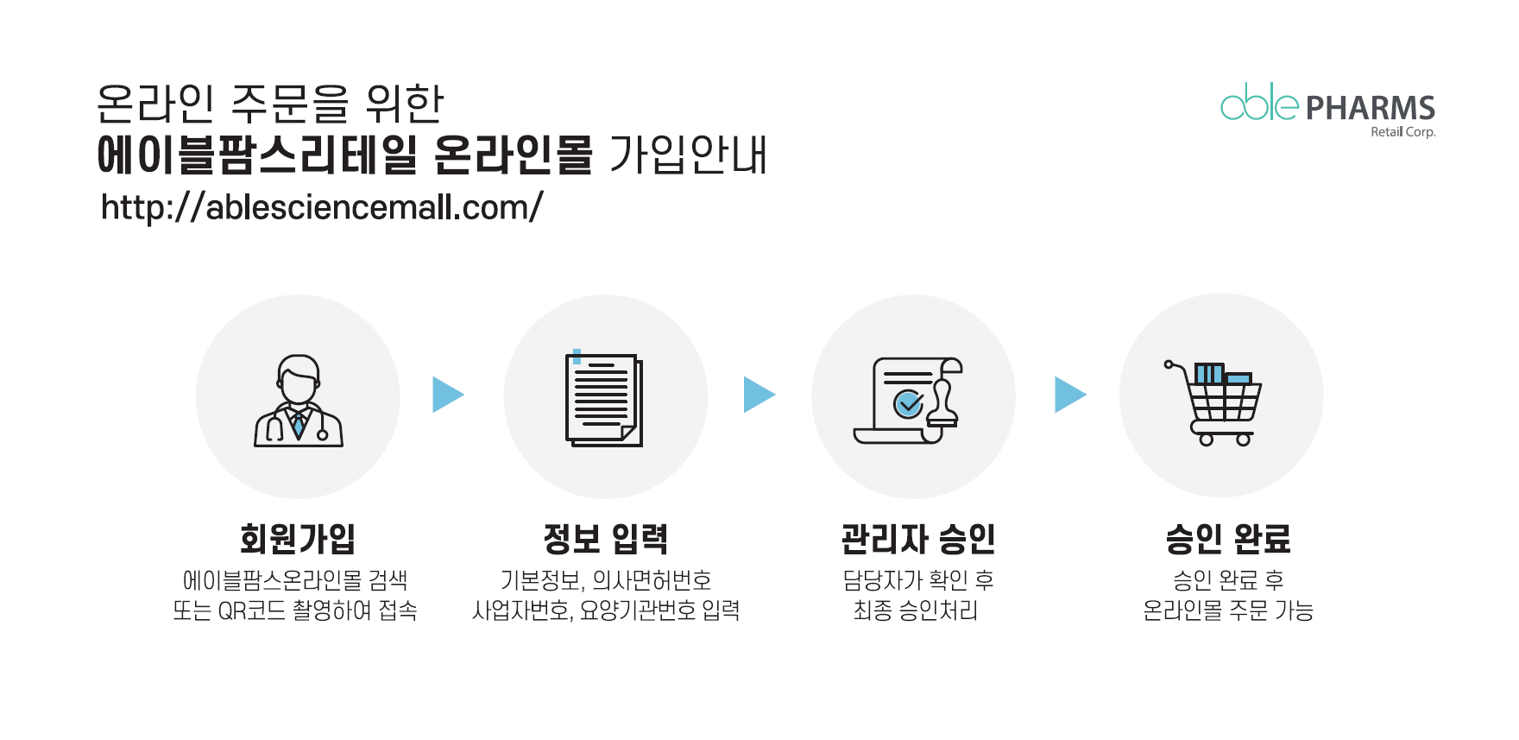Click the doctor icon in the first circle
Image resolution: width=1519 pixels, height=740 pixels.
[299, 401]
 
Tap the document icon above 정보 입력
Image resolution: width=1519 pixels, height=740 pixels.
[604, 398]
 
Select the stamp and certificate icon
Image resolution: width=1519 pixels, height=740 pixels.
[908, 401]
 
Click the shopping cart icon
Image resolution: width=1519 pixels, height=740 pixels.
[1213, 402]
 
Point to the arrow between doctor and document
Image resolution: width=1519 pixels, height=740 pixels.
[448, 395]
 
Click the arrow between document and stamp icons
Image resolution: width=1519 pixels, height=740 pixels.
[759, 395]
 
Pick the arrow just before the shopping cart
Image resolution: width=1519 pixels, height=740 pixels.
[1070, 395]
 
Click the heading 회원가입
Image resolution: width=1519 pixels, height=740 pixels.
[298, 539]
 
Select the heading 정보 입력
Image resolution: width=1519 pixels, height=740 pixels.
[606, 539]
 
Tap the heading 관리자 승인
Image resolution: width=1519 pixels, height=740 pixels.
[918, 539]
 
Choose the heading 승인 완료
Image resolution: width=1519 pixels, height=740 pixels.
[1228, 539]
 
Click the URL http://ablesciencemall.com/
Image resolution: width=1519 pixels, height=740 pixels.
[322, 207]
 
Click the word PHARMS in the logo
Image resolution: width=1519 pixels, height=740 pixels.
[1371, 108]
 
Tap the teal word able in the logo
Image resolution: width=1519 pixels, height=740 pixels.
[1259, 102]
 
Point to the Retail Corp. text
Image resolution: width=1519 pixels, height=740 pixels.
[1403, 132]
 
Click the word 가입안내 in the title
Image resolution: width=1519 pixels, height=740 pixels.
[688, 155]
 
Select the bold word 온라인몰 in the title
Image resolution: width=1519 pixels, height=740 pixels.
[513, 155]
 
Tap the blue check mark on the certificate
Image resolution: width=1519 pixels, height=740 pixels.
[909, 403]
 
